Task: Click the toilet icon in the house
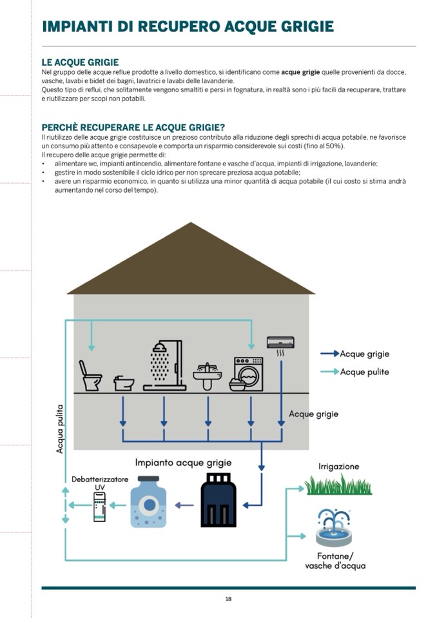coord(90,376)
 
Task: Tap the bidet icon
coord(124,383)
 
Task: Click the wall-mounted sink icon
coord(207,375)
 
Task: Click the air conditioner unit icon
coord(281,342)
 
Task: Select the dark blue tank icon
coord(218,499)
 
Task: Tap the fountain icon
coord(334,527)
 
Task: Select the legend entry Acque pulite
coord(364,372)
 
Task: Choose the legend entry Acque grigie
coord(364,354)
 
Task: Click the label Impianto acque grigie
coord(183,463)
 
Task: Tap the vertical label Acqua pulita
coord(60,429)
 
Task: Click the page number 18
coord(228,599)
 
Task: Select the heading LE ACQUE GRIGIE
coord(80,63)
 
